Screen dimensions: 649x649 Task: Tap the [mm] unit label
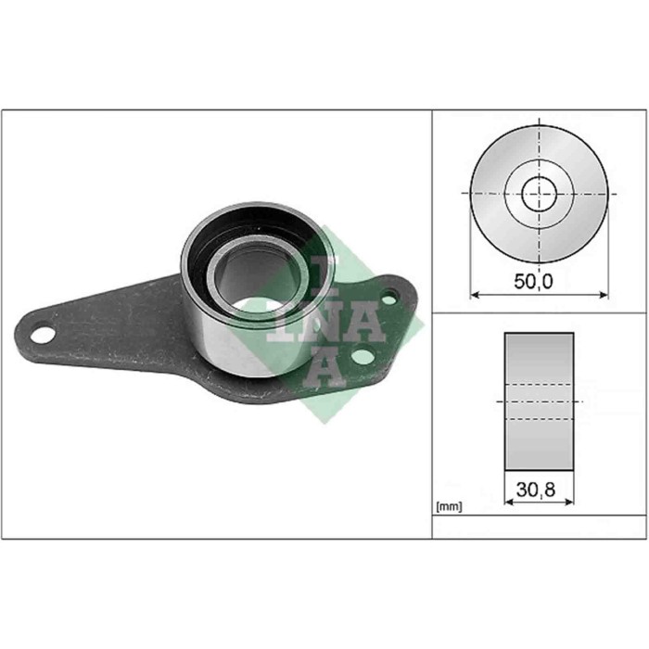(x=449, y=507)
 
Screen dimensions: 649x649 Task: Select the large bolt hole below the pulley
(x=363, y=358)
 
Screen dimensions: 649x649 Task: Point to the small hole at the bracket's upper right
(x=390, y=298)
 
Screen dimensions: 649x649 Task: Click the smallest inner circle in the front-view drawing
(x=539, y=195)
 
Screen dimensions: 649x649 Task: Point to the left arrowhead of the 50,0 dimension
(x=475, y=295)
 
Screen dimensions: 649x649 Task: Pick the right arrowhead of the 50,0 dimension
(x=604, y=295)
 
